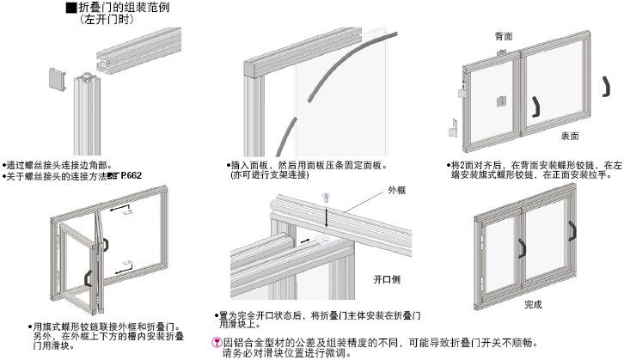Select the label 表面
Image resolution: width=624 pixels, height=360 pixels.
pos(569,136)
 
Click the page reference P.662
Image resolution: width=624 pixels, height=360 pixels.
pos(131,176)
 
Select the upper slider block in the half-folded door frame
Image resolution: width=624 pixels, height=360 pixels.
pos(127,211)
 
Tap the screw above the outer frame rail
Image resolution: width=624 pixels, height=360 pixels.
pos(327,198)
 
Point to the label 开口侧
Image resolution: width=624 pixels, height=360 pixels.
pos(387,280)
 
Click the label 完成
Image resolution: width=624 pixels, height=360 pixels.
pos(533,304)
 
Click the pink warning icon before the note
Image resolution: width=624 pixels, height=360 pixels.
pos(217,342)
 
